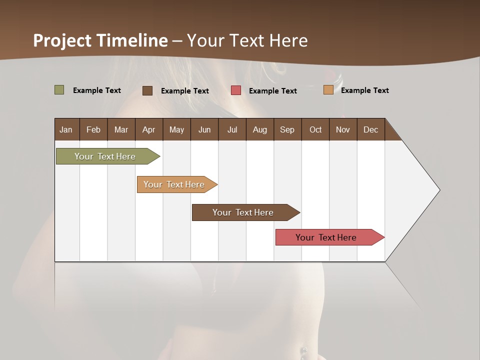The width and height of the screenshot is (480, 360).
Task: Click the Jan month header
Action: pos(66,129)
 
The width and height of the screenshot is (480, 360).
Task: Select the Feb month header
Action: pos(93,129)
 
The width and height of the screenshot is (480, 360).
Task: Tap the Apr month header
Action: pos(148,129)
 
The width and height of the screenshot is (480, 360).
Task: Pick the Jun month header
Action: pos(204,129)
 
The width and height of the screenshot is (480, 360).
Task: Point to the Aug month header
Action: pos(259,129)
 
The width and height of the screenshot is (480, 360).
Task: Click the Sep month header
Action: pos(287,129)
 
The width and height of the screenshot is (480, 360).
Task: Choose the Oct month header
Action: pos(315,129)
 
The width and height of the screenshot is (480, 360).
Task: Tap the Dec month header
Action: pos(370,129)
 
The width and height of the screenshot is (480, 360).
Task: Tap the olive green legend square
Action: pos(59,90)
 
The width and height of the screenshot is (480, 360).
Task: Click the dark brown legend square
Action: pos(147,90)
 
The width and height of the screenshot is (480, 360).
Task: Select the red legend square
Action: pos(236,90)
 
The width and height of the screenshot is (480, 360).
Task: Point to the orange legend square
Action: pos(328,90)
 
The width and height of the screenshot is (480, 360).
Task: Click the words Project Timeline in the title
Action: pos(100,40)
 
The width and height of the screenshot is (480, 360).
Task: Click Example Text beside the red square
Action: pos(272,91)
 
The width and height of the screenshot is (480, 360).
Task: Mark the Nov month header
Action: pos(343,129)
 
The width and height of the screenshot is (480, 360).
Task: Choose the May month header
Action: pos(176,129)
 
